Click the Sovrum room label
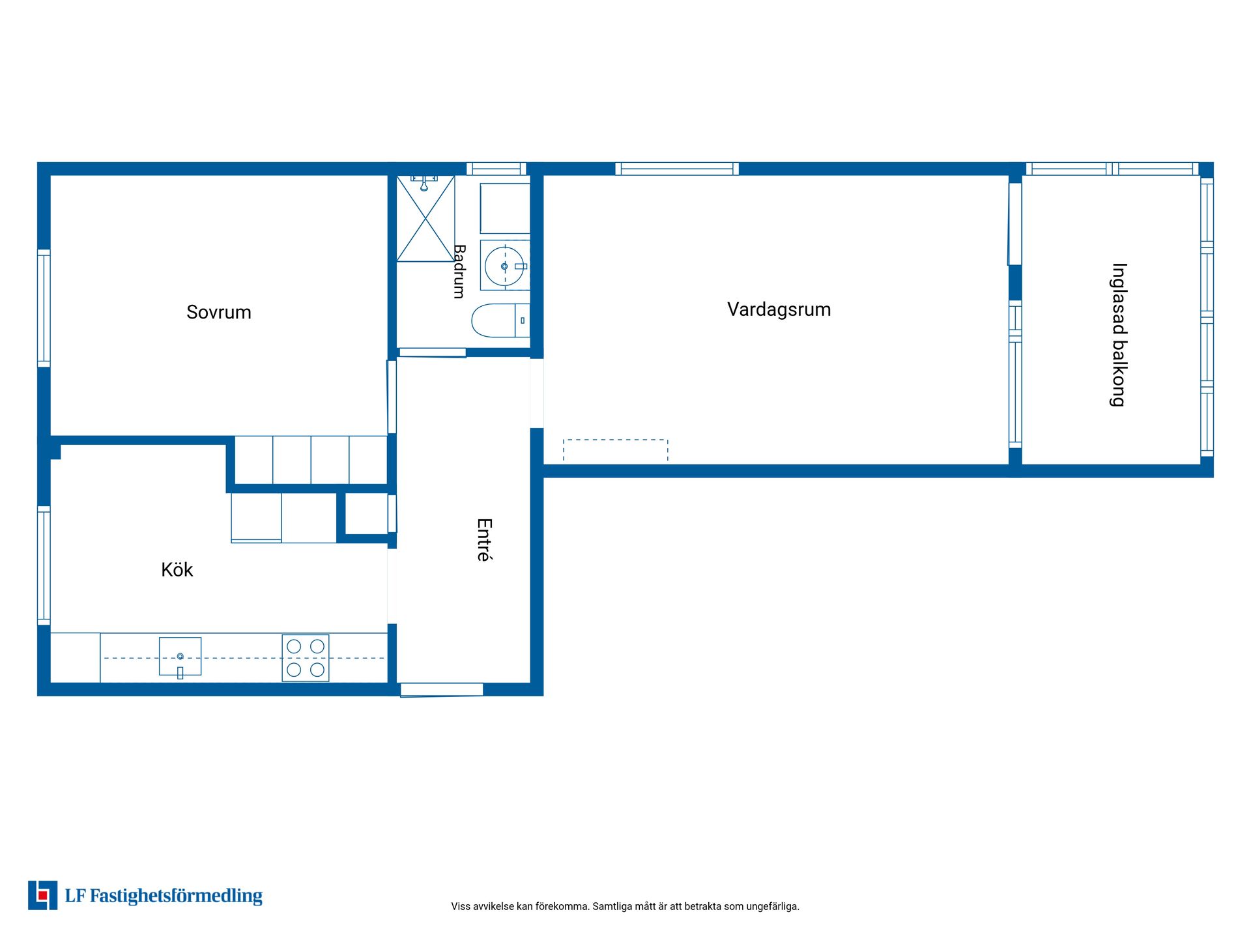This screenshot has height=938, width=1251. click(x=219, y=312)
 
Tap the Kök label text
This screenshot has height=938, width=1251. click(x=177, y=569)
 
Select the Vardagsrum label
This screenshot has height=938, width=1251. click(x=779, y=309)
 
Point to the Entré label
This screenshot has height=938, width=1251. click(x=484, y=539)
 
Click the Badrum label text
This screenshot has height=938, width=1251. click(x=459, y=272)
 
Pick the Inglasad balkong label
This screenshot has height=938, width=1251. click(x=1119, y=335)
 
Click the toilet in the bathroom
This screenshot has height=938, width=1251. click(x=500, y=320)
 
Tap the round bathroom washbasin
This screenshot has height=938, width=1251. click(x=504, y=266)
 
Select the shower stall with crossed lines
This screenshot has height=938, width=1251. click(x=425, y=219)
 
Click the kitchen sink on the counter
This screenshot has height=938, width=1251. click(x=180, y=657)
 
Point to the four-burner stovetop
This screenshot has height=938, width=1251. click(x=306, y=658)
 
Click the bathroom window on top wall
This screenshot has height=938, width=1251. click(x=496, y=169)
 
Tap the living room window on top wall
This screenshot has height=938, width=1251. click(x=677, y=169)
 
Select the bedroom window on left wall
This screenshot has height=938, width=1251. click(x=44, y=308)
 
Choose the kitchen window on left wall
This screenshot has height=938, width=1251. click(x=44, y=565)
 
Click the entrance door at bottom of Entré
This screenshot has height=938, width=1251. click(x=442, y=690)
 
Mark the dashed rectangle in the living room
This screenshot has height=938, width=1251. click(x=616, y=450)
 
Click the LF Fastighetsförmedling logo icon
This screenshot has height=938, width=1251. click(x=42, y=895)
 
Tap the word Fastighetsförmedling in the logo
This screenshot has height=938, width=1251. click(x=176, y=896)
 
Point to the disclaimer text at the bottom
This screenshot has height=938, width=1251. click(x=625, y=906)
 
